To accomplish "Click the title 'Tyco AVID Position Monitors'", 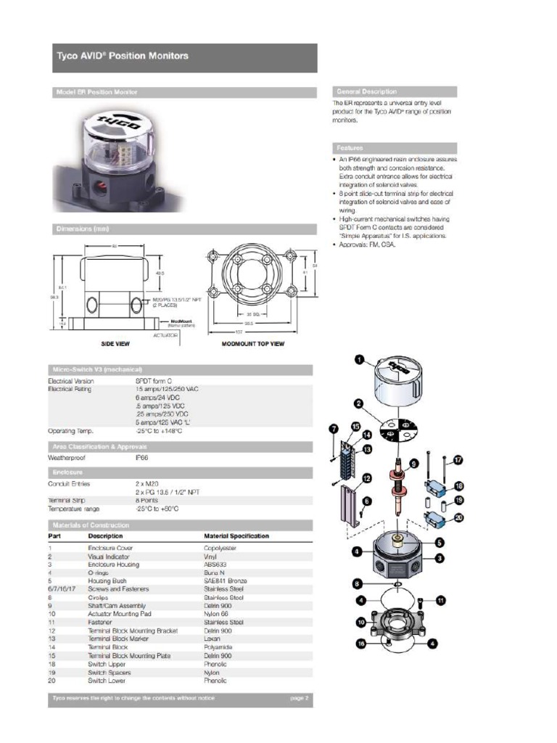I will [123, 56].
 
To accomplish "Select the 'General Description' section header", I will [366, 91].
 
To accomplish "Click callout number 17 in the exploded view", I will [458, 460].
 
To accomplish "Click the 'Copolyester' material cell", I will [220, 548].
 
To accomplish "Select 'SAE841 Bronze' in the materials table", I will [225, 581].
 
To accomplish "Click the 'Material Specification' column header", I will [236, 536].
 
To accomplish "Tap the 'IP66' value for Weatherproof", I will [141, 458].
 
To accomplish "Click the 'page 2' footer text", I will [300, 698].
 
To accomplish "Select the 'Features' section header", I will [350, 147].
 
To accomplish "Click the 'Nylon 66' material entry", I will [216, 614].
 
